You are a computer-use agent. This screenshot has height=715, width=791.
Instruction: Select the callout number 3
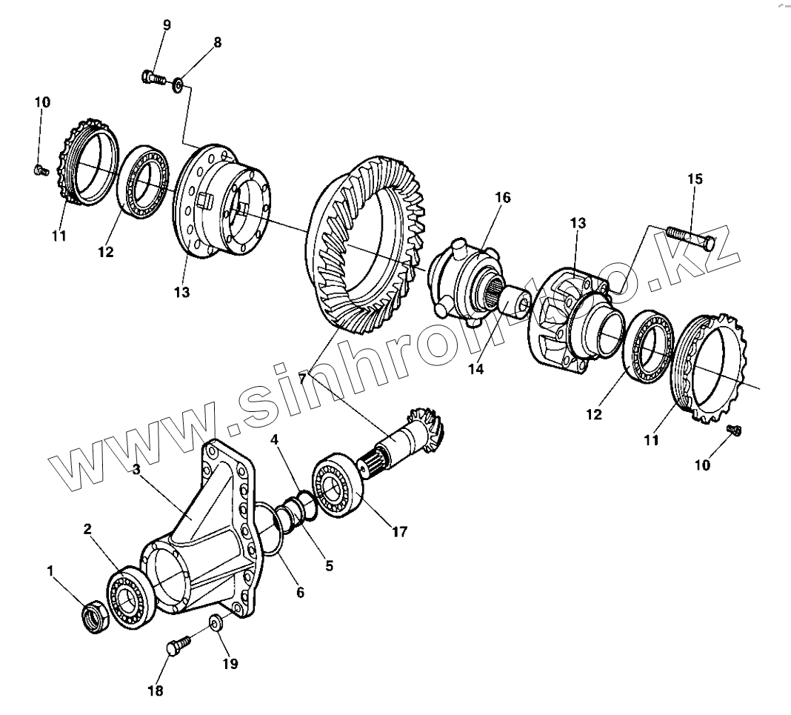click(x=136, y=469)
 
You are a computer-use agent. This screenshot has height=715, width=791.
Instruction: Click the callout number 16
click(x=503, y=198)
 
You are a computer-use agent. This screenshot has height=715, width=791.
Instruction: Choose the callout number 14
click(x=475, y=368)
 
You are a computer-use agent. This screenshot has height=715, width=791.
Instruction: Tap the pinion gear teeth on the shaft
click(x=425, y=426)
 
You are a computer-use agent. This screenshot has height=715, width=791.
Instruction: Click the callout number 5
click(x=330, y=566)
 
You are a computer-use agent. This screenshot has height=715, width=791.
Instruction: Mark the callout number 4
click(x=275, y=439)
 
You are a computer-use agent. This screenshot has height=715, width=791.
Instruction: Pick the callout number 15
click(x=695, y=179)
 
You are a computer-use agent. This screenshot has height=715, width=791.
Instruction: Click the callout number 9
click(x=167, y=25)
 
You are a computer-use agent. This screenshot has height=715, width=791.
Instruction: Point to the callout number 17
click(x=400, y=531)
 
